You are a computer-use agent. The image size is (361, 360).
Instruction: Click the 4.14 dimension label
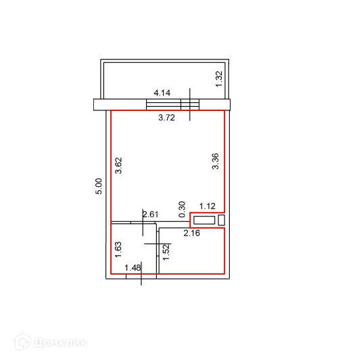click(162, 93)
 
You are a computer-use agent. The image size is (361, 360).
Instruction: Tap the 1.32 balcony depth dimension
click(219, 78)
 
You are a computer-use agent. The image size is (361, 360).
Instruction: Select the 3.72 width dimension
click(166, 118)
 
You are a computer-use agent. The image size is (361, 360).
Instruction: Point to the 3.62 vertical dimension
click(118, 166)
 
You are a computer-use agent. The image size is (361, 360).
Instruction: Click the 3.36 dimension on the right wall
click(215, 161)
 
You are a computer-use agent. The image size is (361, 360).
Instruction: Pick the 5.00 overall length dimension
click(99, 186)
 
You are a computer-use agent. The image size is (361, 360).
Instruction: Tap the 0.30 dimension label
click(182, 209)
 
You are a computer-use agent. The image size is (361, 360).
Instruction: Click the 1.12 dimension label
click(208, 206)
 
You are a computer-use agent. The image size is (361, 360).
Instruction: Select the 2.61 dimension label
click(151, 215)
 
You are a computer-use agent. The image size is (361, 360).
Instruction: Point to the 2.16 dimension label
click(192, 233)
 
